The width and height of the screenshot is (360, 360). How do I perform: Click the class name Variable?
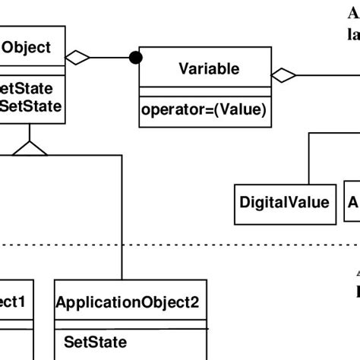[209, 70]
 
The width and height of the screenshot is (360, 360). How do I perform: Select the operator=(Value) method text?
[204, 110]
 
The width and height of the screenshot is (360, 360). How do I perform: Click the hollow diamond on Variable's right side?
[284, 74]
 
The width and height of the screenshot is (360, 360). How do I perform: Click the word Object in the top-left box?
[27, 48]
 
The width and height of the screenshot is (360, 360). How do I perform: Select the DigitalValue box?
[285, 202]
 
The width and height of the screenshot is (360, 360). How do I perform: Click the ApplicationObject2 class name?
[128, 323]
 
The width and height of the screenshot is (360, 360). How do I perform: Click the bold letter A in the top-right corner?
[354, 12]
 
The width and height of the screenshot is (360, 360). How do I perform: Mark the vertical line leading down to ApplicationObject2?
[122, 228]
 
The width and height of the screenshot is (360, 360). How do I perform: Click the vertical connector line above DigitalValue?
[308, 156]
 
